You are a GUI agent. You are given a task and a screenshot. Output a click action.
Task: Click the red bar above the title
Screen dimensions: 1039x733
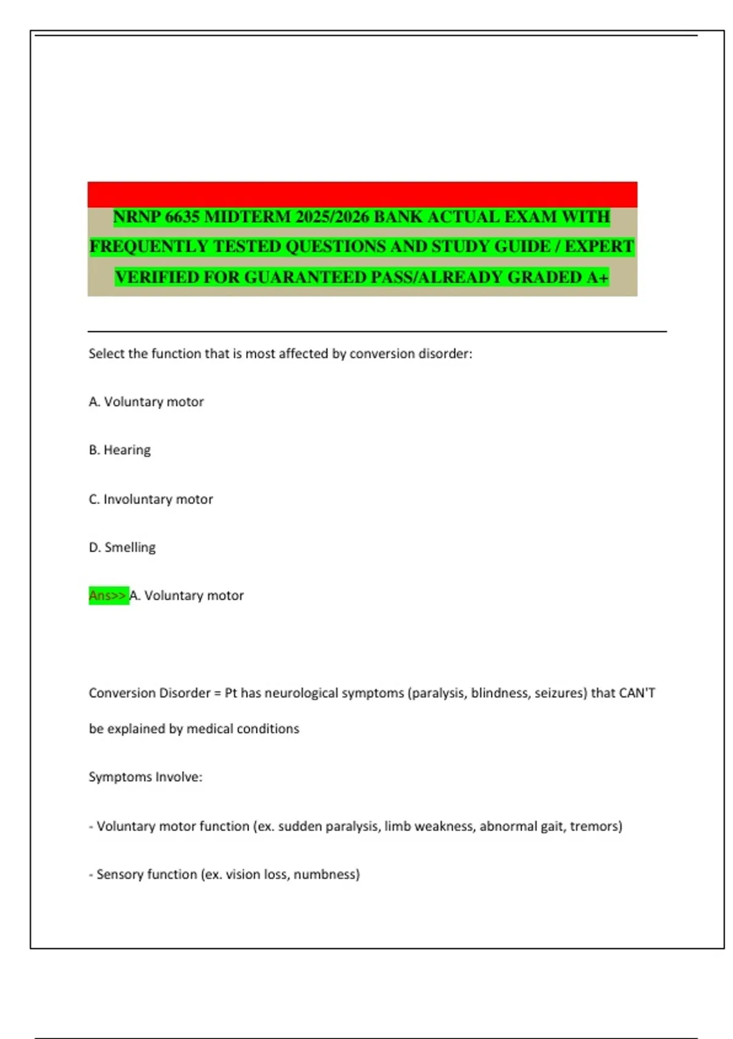pyautogui.click(x=362, y=194)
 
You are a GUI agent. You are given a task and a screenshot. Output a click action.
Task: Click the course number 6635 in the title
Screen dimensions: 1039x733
pyautogui.click(x=182, y=217)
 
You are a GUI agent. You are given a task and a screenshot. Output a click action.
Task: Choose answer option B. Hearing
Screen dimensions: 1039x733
pyautogui.click(x=120, y=450)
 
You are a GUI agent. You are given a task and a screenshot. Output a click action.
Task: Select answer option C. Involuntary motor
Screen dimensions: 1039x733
pyautogui.click(x=151, y=499)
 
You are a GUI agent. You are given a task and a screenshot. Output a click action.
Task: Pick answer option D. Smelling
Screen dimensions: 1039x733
pyautogui.click(x=122, y=548)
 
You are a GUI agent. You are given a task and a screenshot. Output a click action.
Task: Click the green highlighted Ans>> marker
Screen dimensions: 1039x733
pyautogui.click(x=108, y=596)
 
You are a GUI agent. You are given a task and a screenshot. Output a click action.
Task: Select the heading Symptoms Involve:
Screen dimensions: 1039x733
pyautogui.click(x=145, y=777)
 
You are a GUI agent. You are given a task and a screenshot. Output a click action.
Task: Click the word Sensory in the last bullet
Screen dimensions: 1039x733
pyautogui.click(x=120, y=875)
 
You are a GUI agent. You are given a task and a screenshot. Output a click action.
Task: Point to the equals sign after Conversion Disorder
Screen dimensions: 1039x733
pyautogui.click(x=217, y=693)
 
